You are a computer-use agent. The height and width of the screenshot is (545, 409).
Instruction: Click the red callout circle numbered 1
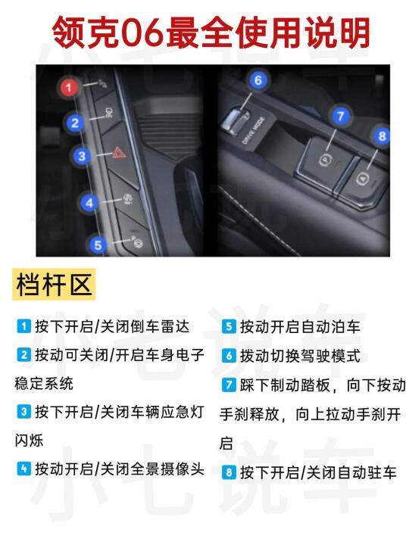click(x=69, y=87)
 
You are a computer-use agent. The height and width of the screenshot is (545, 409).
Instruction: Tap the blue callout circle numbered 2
click(x=75, y=123)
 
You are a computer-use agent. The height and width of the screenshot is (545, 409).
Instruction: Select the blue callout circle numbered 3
click(x=82, y=156)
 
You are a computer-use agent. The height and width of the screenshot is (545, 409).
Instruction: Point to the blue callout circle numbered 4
click(x=89, y=203)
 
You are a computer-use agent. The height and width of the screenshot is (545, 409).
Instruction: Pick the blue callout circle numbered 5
click(x=98, y=245)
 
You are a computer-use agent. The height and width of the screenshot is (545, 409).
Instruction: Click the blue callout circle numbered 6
click(x=258, y=80)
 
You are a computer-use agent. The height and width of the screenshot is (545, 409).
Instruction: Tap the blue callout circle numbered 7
click(x=341, y=116)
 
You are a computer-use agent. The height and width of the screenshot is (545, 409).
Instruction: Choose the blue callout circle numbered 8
click(x=382, y=135)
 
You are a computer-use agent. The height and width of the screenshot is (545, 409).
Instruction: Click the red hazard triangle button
click(x=120, y=153)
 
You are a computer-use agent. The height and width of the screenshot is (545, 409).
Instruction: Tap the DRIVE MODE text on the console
click(x=254, y=131)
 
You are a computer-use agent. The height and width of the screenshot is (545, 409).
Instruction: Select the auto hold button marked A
click(x=363, y=178)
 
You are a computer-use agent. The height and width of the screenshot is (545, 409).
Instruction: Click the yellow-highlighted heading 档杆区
click(x=54, y=285)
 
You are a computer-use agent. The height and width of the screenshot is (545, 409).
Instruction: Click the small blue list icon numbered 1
click(x=24, y=326)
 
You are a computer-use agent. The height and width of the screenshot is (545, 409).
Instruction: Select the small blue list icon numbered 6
click(x=229, y=356)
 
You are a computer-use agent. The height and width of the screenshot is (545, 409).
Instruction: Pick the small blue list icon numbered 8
click(x=229, y=472)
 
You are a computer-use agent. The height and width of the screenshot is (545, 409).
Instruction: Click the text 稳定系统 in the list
click(x=44, y=384)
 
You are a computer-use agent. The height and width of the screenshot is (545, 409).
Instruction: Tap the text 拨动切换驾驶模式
click(x=301, y=356)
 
